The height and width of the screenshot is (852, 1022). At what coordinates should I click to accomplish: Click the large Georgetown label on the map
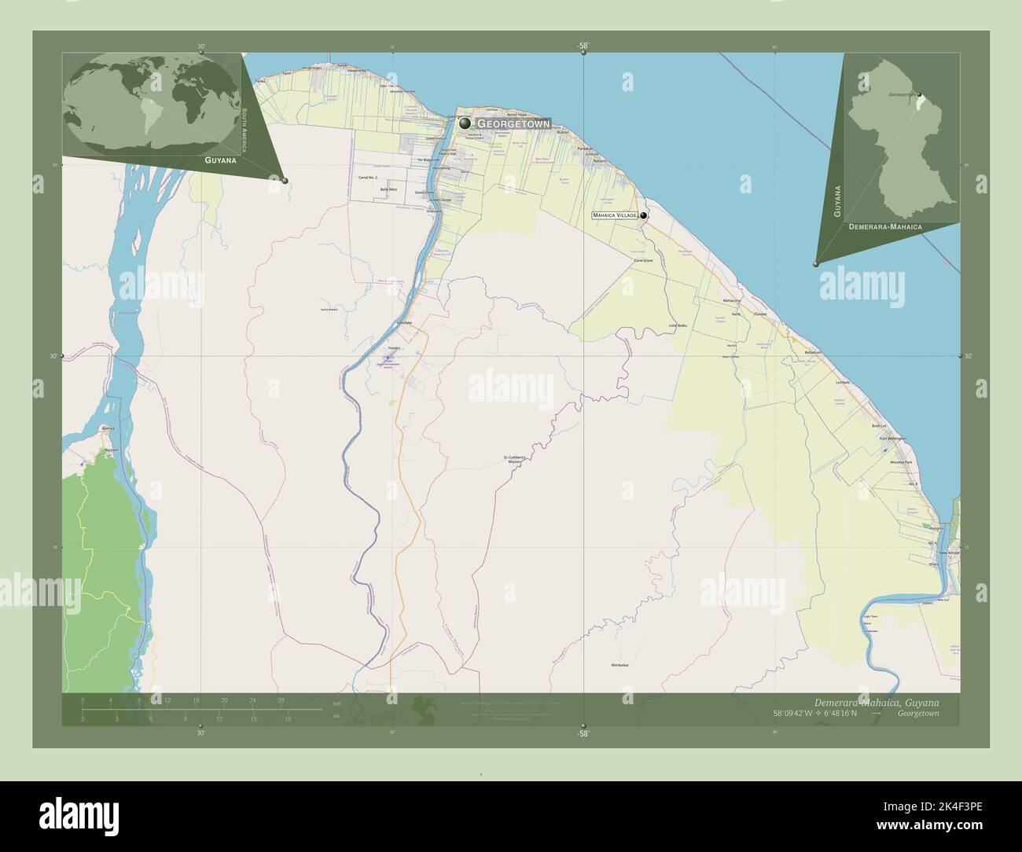513,124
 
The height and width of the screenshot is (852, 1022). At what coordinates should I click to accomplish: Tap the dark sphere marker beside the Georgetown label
465,123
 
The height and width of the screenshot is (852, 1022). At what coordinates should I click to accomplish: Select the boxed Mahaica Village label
615,215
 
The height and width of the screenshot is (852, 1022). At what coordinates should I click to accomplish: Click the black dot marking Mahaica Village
644,215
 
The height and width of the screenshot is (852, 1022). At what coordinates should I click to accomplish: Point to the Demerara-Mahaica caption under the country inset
885,226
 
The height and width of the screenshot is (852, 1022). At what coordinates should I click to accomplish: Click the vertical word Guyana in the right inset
839,201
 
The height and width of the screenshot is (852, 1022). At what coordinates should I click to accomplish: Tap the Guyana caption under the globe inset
220,160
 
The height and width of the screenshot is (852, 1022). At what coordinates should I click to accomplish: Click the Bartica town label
108,428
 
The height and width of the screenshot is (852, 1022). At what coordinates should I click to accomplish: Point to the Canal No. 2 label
369,178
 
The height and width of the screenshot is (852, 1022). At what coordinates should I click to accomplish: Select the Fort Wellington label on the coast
892,438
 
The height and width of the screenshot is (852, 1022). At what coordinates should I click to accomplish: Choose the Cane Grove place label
643,260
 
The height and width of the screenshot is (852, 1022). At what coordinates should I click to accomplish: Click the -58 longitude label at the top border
583,46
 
